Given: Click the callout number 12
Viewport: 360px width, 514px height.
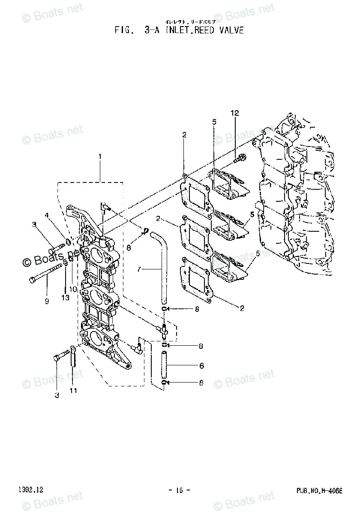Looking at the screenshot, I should pyautogui.click(x=235, y=114).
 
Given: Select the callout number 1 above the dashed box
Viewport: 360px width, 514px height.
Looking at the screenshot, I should pyautogui.click(x=100, y=157).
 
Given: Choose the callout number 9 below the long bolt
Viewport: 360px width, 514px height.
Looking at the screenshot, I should pyautogui.click(x=47, y=301).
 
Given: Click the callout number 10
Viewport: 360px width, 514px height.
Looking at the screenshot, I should pyautogui.click(x=73, y=290).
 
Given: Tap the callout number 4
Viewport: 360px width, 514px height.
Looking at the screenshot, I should pyautogui.click(x=47, y=215).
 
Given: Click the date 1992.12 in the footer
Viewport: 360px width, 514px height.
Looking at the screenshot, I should pyautogui.click(x=30, y=490).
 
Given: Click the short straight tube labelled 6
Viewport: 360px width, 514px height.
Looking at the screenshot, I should pyautogui.click(x=164, y=364).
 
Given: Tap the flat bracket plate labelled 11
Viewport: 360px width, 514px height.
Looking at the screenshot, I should pyautogui.click(x=73, y=357).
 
